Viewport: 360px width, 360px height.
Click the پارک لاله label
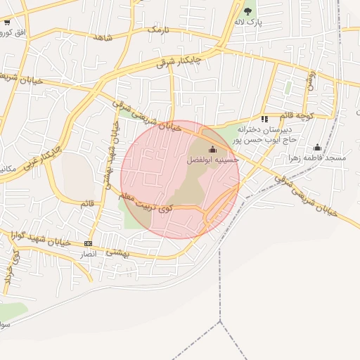tap(247, 22)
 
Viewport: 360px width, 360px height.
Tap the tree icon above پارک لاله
tap(247, 11)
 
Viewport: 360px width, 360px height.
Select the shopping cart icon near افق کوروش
tap(6, 22)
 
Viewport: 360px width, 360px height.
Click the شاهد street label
tap(102, 37)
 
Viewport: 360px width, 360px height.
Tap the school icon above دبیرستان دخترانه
tap(264, 119)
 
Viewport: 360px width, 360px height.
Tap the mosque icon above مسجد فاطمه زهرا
tap(317, 147)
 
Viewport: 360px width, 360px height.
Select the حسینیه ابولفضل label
tap(212, 160)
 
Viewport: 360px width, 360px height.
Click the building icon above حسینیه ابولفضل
tap(212, 149)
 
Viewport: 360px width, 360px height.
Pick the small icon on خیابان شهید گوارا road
tap(88, 243)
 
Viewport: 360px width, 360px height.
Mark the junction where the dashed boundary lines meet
tap(221, 321)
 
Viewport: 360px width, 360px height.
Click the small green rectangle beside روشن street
tap(288, 88)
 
